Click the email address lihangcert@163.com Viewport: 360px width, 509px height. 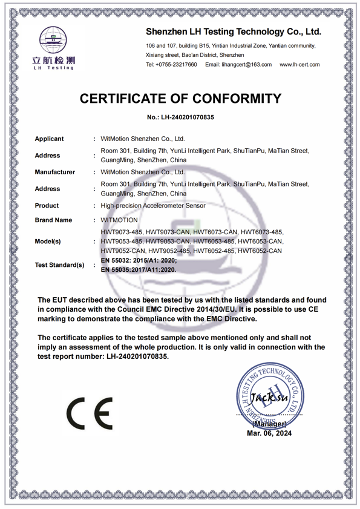point(238,65)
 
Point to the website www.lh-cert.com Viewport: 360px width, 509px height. point(299,65)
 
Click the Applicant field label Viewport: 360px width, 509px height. point(49,139)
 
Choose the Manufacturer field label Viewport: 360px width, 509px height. point(54,172)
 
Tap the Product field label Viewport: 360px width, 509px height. point(47,206)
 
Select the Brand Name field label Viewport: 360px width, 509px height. point(53,220)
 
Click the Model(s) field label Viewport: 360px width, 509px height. point(48,241)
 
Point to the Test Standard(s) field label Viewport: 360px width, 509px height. point(59,265)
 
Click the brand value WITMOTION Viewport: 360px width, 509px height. point(119,220)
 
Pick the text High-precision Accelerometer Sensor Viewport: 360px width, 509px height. point(153,206)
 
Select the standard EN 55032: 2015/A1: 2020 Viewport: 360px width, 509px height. point(139,260)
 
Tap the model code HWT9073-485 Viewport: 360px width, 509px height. point(121,232)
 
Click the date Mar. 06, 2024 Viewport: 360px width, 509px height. point(269,433)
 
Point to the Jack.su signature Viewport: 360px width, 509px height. point(269,398)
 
